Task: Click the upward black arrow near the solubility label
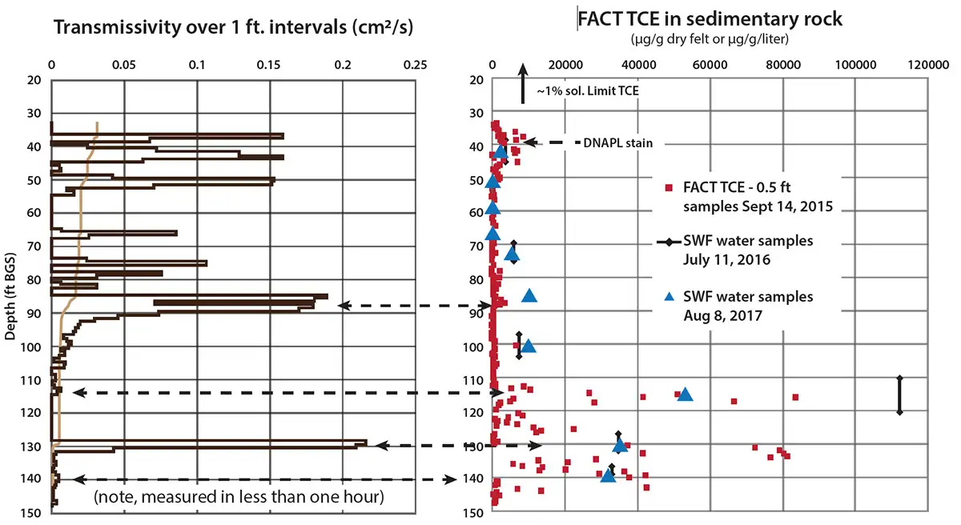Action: [x=522, y=82]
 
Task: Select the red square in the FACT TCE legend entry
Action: [x=669, y=189]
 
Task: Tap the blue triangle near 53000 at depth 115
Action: [x=685, y=394]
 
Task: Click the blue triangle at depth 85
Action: [x=529, y=296]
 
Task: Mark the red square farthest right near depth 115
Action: [x=795, y=397]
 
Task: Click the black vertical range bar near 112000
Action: [x=899, y=395]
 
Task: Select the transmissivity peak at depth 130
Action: [x=364, y=443]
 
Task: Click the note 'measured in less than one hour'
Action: [x=239, y=497]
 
